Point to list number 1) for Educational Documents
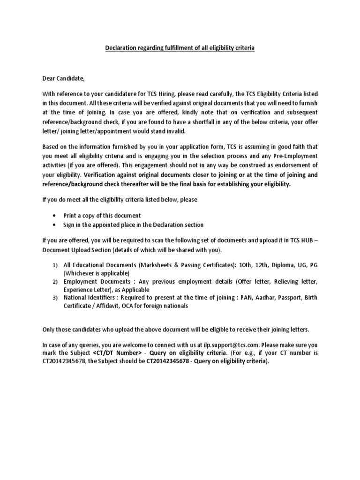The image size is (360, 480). pyautogui.click(x=54, y=265)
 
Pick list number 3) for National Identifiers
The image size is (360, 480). pyautogui.click(x=54, y=298)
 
